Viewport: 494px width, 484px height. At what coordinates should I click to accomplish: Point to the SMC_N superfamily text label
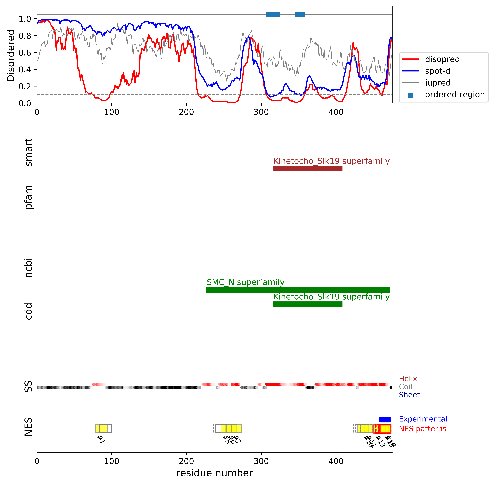click(245, 282)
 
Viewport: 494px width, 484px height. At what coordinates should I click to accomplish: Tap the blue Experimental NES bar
click(385, 420)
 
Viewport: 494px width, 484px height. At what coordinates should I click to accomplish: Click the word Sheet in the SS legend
click(409, 395)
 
